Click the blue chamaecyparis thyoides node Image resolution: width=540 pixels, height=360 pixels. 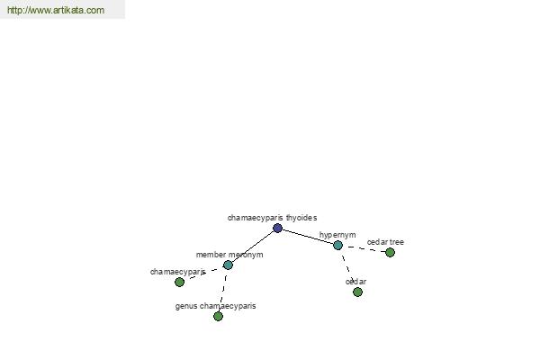click(277, 228)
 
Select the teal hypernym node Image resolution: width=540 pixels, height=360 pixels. click(337, 246)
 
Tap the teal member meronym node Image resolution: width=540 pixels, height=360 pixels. click(228, 265)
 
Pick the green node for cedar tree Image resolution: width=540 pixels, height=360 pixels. click(390, 253)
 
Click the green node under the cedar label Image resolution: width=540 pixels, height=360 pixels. click(357, 292)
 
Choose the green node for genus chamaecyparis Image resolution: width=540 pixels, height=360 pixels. click(218, 316)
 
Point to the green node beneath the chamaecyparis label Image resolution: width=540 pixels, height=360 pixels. click(179, 282)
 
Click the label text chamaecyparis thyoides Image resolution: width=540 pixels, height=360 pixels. click(272, 218)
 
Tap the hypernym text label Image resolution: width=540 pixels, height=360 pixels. click(337, 235)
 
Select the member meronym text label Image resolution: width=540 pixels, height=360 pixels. click(229, 255)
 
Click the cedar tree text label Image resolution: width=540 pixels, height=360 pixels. click(385, 242)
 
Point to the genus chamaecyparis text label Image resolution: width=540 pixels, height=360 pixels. click(216, 306)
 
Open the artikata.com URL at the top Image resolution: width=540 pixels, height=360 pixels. click(56, 10)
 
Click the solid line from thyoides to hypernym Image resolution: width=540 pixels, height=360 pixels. click(308, 237)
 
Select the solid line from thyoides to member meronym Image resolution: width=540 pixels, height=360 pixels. click(253, 247)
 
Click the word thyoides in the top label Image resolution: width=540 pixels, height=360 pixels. click(301, 218)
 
